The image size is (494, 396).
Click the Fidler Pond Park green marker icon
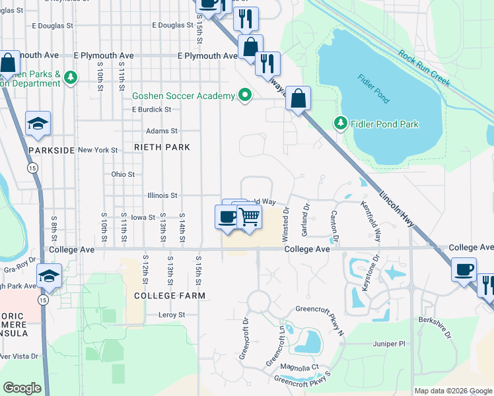click(340, 123)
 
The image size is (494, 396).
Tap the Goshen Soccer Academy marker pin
click(245, 96)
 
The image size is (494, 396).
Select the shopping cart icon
click(249, 216)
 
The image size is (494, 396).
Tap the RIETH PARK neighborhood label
click(162, 147)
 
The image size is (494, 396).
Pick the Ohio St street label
click(123, 175)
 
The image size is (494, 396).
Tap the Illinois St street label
click(161, 195)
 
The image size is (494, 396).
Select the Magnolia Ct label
click(300, 367)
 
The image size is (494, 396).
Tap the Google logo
click(22, 387)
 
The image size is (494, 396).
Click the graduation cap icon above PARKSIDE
click(38, 123)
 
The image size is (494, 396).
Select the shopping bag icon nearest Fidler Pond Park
click(299, 98)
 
